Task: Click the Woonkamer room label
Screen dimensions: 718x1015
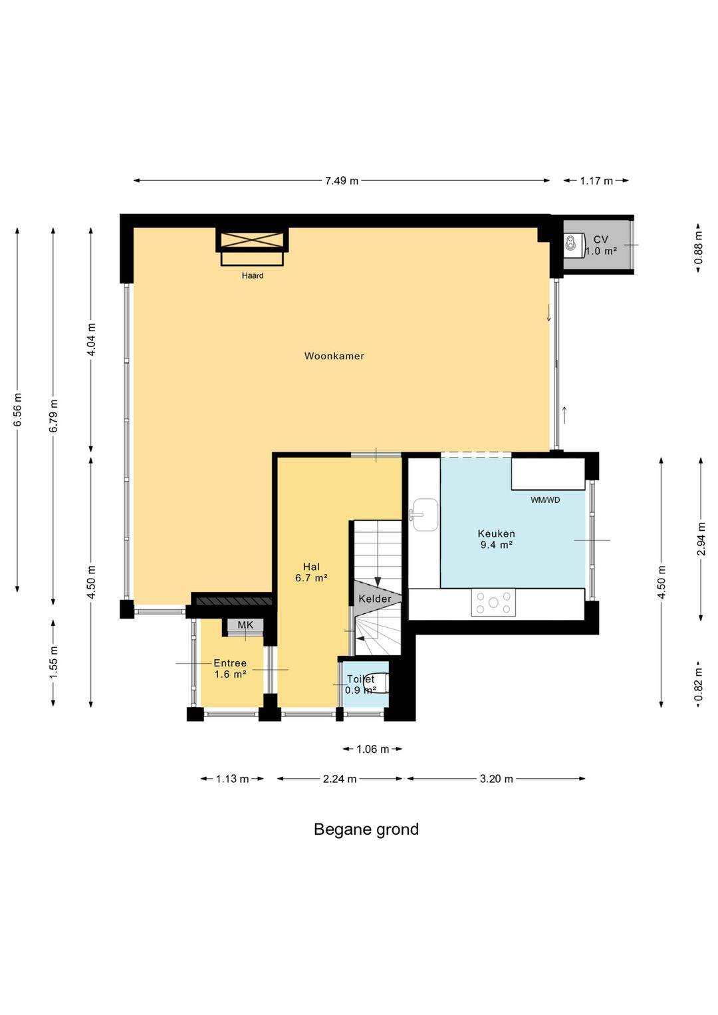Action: point(334,356)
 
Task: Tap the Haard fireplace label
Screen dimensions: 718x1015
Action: point(253,275)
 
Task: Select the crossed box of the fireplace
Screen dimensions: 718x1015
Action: point(252,239)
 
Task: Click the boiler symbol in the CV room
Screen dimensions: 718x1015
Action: point(572,243)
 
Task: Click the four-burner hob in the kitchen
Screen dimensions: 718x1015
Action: point(493,603)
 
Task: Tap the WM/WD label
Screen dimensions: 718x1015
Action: point(545,500)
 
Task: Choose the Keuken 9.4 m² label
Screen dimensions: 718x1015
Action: point(496,539)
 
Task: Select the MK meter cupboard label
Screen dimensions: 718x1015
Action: point(245,625)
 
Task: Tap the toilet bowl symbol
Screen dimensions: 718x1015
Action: point(380,683)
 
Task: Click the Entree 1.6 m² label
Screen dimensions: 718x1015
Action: point(230,669)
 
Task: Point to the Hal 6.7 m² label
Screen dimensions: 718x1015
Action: point(311,572)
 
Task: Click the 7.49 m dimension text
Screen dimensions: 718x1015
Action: point(342,181)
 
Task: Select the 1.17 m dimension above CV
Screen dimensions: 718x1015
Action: point(596,181)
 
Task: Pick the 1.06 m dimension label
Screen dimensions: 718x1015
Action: point(372,749)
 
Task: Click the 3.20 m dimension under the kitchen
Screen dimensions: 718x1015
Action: point(496,779)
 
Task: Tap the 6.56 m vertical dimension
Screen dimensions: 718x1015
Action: point(17,410)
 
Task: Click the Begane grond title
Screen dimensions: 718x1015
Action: point(366,829)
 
